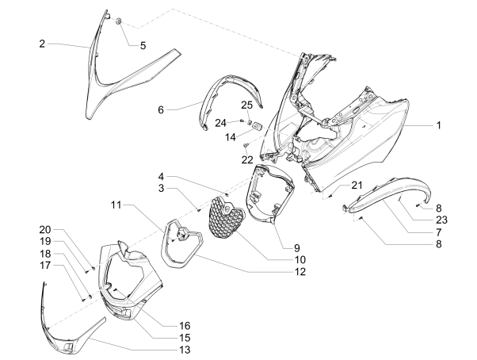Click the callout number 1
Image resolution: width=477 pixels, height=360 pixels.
point(438,125)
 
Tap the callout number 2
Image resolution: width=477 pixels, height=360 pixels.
point(42,44)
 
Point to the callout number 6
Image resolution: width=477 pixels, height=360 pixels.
point(160,109)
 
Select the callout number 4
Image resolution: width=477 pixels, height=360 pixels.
point(160,176)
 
